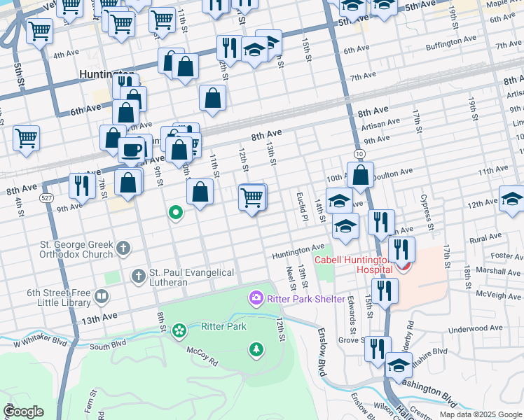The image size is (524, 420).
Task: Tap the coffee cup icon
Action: (x=131, y=150)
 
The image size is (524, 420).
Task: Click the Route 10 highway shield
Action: (x=359, y=153)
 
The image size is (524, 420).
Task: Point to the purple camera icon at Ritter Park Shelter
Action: (x=256, y=299)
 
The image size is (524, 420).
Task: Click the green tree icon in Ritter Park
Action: (x=256, y=349)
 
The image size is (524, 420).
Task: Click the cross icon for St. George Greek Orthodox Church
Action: (x=123, y=247)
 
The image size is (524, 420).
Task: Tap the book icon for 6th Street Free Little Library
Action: (x=102, y=297)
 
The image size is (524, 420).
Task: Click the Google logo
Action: (x=23, y=412)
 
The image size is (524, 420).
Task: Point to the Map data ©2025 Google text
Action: (x=481, y=414)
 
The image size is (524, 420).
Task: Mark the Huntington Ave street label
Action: (x=298, y=248)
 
